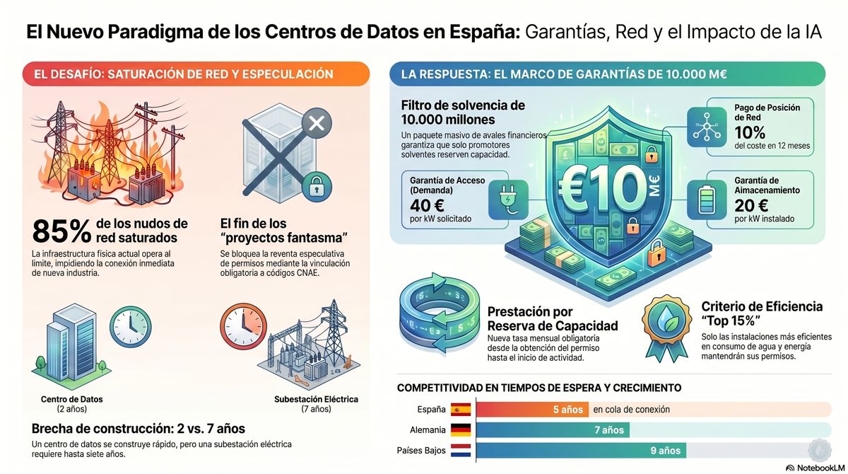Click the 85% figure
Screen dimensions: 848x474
click(61, 231)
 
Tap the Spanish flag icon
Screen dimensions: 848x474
click(461, 410)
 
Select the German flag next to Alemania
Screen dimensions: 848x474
click(461, 430)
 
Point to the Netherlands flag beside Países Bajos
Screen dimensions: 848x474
click(461, 451)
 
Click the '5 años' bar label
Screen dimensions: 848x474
click(568, 410)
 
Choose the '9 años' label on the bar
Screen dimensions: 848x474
click(666, 451)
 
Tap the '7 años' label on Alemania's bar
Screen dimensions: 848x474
click(609, 430)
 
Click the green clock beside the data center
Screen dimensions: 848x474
click(131, 327)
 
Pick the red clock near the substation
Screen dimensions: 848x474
click(243, 326)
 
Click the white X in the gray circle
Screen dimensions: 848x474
click(317, 123)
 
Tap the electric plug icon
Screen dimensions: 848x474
click(508, 200)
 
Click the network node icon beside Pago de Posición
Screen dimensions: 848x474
click(707, 127)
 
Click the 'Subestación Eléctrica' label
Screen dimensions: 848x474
click(316, 399)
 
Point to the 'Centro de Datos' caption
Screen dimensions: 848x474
click(72, 399)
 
